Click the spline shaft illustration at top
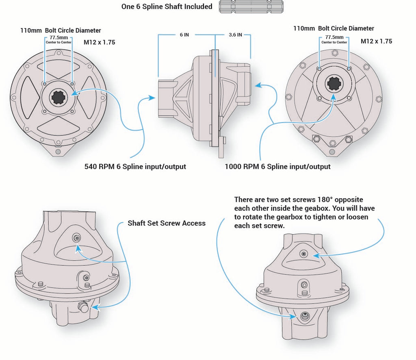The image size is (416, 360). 251,7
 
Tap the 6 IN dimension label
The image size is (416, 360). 184,35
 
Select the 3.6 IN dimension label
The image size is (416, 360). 235,35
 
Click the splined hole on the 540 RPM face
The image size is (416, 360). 59,98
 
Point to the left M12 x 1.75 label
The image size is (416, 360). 100,42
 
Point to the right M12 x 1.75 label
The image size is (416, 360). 376,41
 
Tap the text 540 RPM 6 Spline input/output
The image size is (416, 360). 135,167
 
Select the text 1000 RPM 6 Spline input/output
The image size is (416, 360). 277,167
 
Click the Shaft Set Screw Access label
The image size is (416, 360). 167,223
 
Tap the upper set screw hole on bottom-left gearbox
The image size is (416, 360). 77,238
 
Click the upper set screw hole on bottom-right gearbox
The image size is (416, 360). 304,254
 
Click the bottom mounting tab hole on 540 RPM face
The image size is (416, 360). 58,152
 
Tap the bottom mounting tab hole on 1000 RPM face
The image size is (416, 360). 332,152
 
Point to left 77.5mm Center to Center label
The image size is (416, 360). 58,39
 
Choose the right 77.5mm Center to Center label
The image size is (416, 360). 334,39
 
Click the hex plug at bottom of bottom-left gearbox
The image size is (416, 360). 83,307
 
